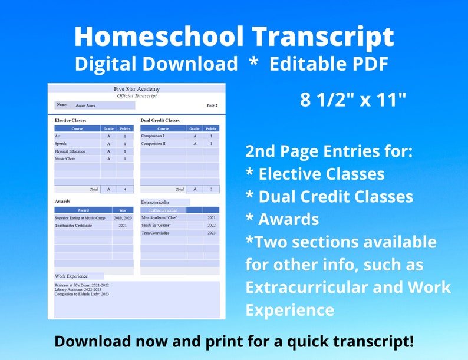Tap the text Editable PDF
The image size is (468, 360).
(x=329, y=63)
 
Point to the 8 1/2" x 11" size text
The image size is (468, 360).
(x=353, y=100)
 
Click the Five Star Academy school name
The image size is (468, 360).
(x=136, y=89)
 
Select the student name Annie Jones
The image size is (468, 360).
(x=85, y=105)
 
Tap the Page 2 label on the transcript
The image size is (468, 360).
(x=212, y=105)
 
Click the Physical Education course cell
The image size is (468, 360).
(x=70, y=151)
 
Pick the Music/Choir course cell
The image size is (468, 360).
(x=65, y=159)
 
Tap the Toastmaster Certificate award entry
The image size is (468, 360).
(x=74, y=226)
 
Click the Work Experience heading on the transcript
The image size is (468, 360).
(x=71, y=276)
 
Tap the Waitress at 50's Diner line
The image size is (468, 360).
(x=82, y=285)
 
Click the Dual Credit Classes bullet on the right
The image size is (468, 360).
(x=329, y=197)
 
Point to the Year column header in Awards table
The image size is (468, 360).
(x=123, y=210)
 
